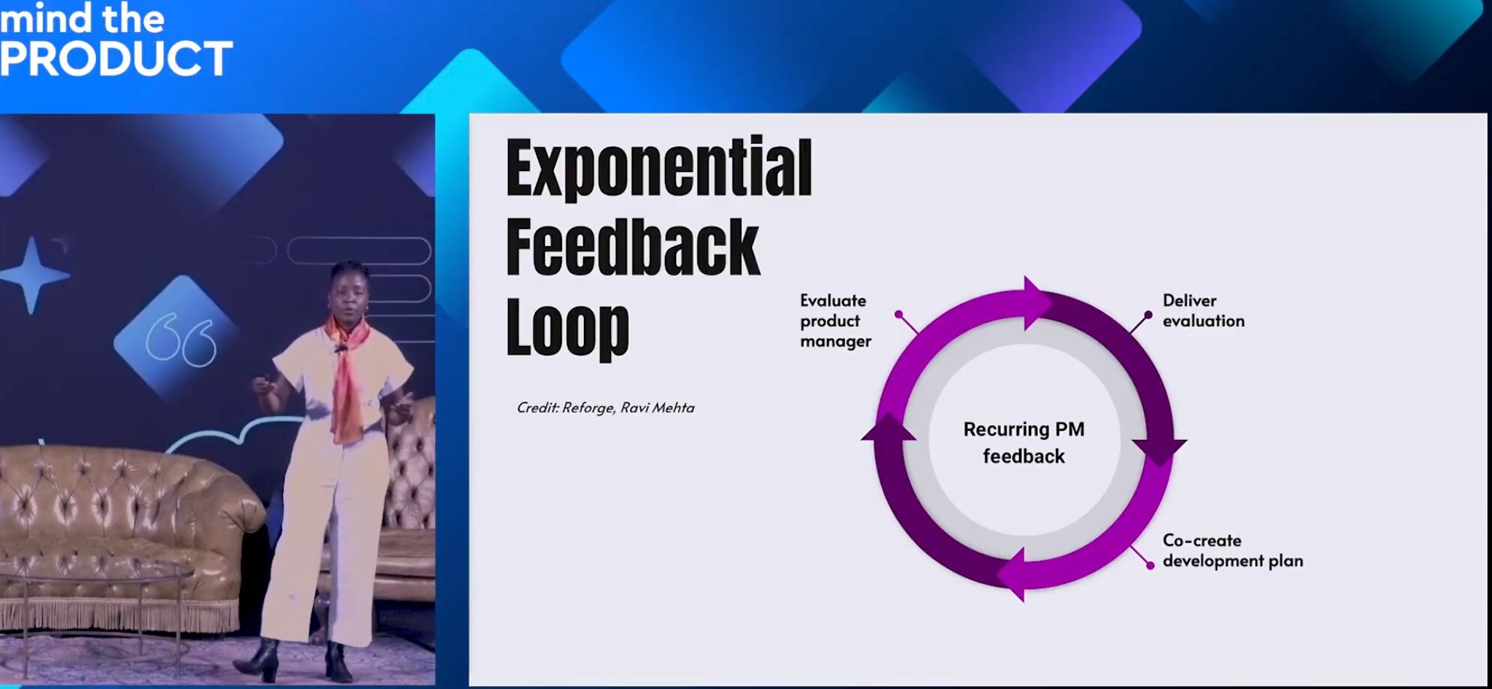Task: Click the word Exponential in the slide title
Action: click(659, 168)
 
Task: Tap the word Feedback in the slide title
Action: click(633, 247)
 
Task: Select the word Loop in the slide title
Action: click(567, 328)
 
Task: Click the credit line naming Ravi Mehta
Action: click(606, 408)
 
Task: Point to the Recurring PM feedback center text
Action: click(1024, 443)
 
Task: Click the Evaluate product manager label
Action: click(835, 320)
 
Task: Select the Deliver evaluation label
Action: click(1203, 311)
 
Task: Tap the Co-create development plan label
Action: click(1232, 550)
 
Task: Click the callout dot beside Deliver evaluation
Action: click(1148, 314)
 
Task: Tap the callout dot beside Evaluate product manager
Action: click(899, 314)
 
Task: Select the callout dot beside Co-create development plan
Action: click(1150, 565)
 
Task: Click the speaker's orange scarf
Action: click(347, 375)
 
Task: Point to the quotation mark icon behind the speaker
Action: click(181, 341)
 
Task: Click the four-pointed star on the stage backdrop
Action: click(32, 275)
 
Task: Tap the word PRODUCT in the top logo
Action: click(116, 59)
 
